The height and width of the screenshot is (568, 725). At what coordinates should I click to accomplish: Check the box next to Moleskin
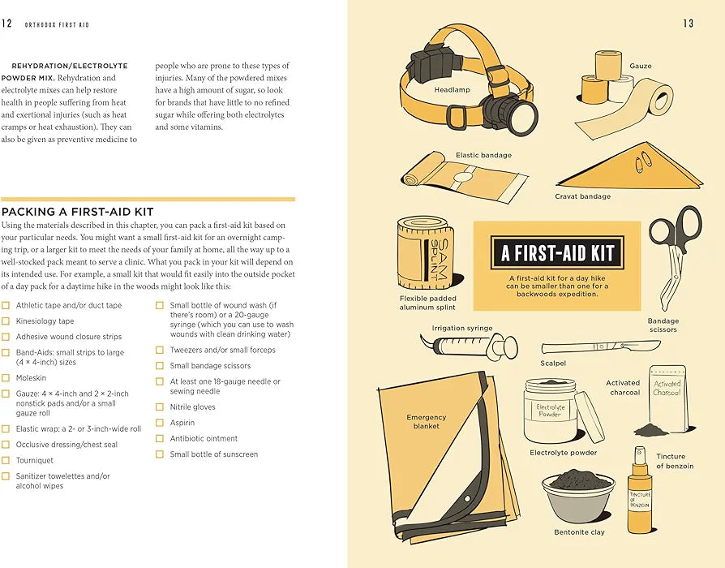coord(6,378)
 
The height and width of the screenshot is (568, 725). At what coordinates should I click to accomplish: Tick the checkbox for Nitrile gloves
coord(160,407)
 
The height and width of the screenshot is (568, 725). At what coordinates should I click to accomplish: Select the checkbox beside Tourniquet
coord(6,460)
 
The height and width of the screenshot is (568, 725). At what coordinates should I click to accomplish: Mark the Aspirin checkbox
coord(160,423)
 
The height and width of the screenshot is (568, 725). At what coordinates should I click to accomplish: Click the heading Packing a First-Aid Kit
coord(77,212)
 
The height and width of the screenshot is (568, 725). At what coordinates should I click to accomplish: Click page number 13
coord(688,24)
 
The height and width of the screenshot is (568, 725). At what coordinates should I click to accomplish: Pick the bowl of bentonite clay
coord(578,497)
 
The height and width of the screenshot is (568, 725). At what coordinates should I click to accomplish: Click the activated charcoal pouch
coord(667,398)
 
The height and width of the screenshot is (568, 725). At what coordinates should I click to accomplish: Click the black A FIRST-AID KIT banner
coord(557,252)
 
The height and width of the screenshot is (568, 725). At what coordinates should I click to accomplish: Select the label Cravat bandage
coord(582,196)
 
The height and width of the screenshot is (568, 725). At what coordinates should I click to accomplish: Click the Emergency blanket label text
coord(427,421)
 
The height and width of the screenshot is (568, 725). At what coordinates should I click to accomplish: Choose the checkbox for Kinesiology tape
coord(6,321)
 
